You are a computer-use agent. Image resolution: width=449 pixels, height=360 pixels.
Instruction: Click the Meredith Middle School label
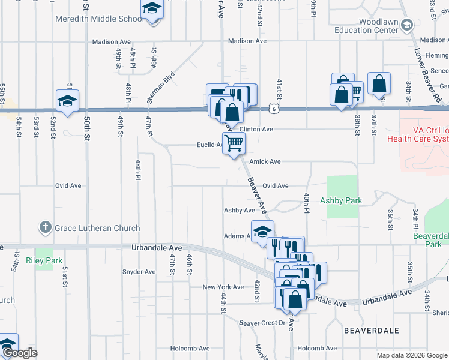pyautogui.click(x=99, y=19)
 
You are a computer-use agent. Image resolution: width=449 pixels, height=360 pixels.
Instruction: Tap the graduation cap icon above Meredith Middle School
pyautogui.click(x=152, y=9)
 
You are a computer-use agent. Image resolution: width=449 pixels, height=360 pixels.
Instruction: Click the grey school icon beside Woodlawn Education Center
pyautogui.click(x=407, y=25)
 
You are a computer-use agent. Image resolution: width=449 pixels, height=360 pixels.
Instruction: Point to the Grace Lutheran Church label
pyautogui.click(x=97, y=228)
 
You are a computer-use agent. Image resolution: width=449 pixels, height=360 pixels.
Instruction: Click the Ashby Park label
pyautogui.click(x=340, y=200)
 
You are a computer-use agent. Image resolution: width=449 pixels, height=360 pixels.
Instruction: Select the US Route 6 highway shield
pyautogui.click(x=274, y=109)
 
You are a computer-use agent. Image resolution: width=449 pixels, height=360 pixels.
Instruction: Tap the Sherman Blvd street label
pyautogui.click(x=161, y=87)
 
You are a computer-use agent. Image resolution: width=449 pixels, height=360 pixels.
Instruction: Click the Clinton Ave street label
pyautogui.click(x=256, y=129)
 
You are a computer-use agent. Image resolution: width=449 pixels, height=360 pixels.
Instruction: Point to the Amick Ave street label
pyautogui.click(x=265, y=161)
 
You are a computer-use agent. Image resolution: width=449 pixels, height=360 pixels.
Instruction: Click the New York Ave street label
pyautogui.click(x=222, y=287)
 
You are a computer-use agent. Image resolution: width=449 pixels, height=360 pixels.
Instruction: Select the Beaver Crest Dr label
pyautogui.click(x=262, y=323)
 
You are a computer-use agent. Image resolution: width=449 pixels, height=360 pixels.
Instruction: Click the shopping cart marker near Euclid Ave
pyautogui.click(x=234, y=143)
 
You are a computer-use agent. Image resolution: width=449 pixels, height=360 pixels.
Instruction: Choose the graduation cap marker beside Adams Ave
pyautogui.click(x=262, y=232)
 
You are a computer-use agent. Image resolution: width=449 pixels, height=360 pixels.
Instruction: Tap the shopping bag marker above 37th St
pyautogui.click(x=379, y=83)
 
